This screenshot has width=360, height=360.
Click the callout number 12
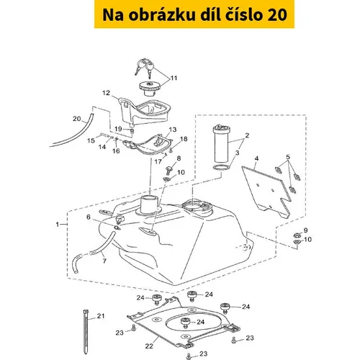tap(106, 93)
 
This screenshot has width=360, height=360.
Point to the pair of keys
tap(145, 67)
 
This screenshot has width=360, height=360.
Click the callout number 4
tap(257, 158)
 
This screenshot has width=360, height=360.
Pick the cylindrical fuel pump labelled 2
tap(221, 143)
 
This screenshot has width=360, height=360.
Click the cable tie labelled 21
tap(86, 332)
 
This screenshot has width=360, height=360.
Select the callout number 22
tap(149, 346)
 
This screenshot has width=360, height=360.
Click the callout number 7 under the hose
tap(104, 261)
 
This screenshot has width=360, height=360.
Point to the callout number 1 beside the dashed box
tap(58, 225)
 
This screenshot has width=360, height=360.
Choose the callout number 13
tap(173, 130)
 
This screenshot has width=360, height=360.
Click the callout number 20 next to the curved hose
tap(77, 119)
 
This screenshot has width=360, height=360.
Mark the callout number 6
tap(89, 217)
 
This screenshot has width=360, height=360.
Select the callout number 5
tap(288, 157)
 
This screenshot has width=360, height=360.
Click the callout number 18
tap(184, 139)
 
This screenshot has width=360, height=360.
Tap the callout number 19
tap(118, 129)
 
